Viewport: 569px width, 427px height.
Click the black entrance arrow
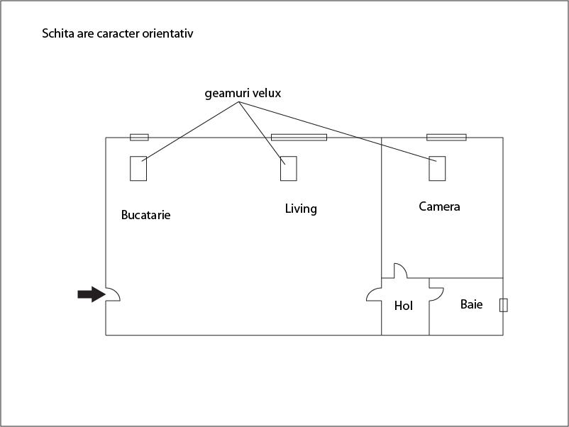coord(89,294)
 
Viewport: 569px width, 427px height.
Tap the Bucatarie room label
coord(145,215)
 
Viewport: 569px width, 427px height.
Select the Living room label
coord(301,209)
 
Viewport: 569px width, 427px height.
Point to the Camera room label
coord(439,206)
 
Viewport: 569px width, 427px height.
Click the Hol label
coord(404,306)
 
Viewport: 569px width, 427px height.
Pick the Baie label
coord(471,304)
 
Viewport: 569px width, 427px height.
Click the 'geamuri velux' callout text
coord(243,93)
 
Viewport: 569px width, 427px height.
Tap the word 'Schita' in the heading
coord(60,33)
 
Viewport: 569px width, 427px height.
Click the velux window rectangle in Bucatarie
coord(138,168)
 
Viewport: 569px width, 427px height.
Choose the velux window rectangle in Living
coord(288,168)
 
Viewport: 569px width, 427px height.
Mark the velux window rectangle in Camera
coord(438,168)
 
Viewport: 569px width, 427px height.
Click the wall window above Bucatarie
coord(139,137)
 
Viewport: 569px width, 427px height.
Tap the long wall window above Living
coord(299,137)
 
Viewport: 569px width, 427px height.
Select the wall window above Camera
coord(446,137)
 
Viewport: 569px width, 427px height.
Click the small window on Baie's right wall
coord(504,305)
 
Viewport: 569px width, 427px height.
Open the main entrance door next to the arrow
coord(112,294)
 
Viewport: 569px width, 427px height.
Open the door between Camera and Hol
coord(400,271)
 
